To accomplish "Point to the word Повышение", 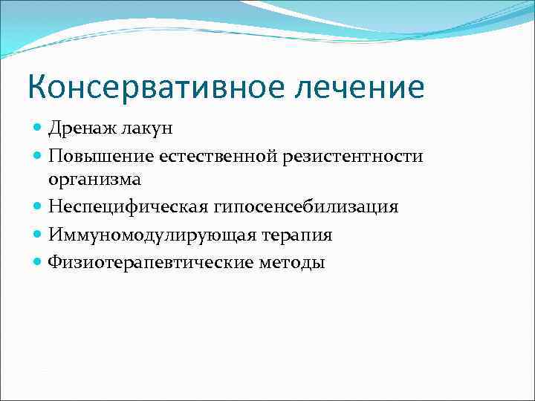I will [97, 156].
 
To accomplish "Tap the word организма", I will [94, 179].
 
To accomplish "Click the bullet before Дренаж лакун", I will [38, 128].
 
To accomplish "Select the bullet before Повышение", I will [38, 156].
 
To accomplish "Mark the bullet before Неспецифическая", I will [38, 206].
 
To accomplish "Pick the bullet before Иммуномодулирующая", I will [38, 235].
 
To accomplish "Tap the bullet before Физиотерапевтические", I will [38, 262].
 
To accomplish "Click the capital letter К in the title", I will [38, 87].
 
